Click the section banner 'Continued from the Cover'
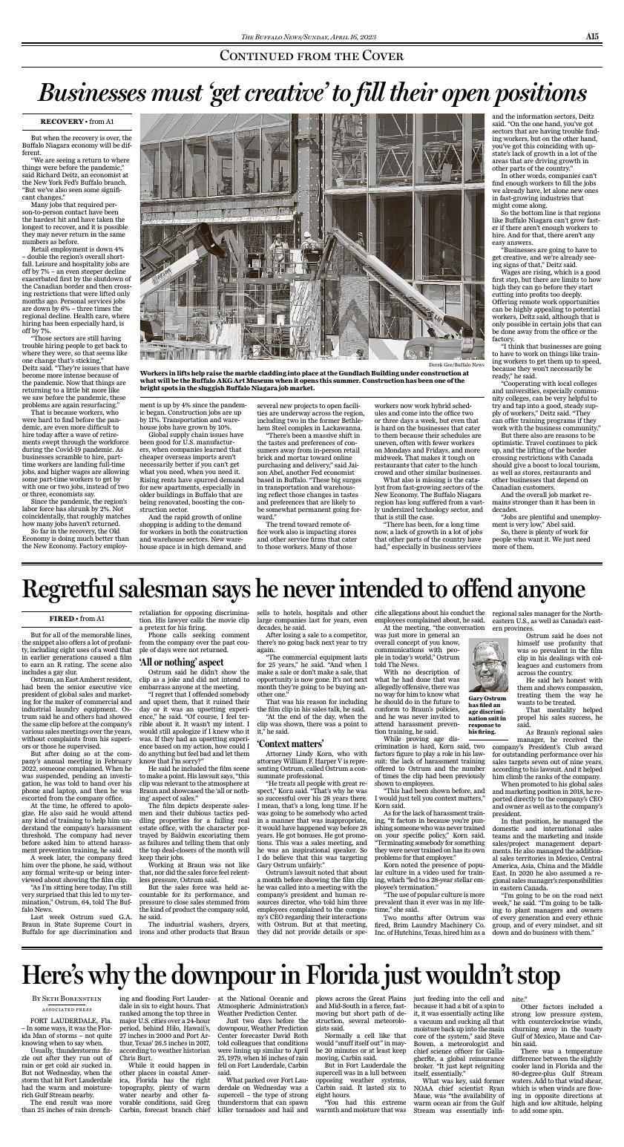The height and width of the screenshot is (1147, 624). coord(312,56)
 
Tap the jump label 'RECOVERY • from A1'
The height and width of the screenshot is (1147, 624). coord(77,121)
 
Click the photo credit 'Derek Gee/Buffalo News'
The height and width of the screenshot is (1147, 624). coord(459,364)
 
